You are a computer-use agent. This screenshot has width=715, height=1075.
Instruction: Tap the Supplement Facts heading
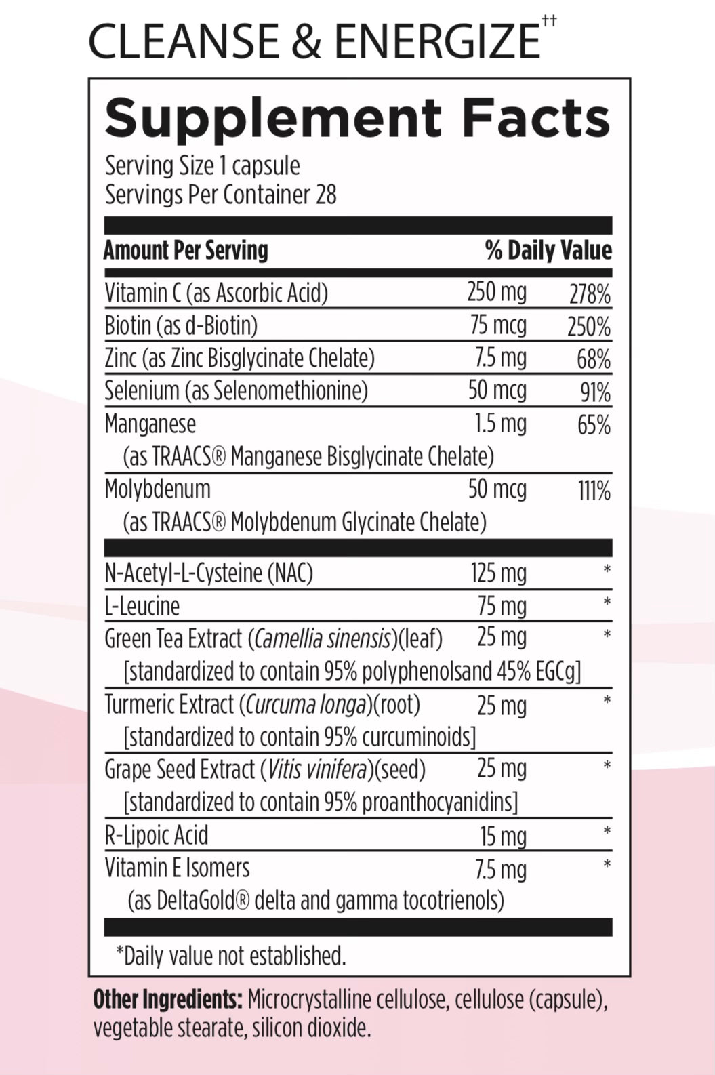point(357,118)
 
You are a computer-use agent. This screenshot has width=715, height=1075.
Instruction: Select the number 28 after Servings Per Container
point(325,195)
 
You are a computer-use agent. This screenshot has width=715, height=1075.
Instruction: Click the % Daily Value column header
point(548,250)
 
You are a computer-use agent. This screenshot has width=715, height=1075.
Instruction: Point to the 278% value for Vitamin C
point(590,295)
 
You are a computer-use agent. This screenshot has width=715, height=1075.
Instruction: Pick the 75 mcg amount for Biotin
point(498,325)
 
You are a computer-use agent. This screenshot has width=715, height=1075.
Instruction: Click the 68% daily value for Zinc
point(594,359)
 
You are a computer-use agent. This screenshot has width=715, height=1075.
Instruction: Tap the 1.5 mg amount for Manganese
point(500,424)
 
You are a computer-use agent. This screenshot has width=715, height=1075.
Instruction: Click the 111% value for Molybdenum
point(594,490)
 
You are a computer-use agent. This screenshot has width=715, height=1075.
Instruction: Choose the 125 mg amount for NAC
point(498,573)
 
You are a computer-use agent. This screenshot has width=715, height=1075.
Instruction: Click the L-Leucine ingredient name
point(142,606)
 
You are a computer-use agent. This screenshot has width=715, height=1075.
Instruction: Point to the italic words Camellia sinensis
point(323,638)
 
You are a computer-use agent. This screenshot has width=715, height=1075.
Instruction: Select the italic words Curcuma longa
point(306,705)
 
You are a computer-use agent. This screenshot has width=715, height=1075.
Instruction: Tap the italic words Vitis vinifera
point(319,769)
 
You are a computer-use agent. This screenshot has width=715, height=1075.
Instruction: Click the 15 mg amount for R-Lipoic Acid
point(503,836)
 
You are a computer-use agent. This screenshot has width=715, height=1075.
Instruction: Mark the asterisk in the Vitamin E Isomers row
point(607,864)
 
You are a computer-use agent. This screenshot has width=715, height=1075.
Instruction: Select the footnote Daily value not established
point(231,956)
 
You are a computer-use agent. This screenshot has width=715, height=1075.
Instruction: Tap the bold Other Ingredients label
point(167,999)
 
